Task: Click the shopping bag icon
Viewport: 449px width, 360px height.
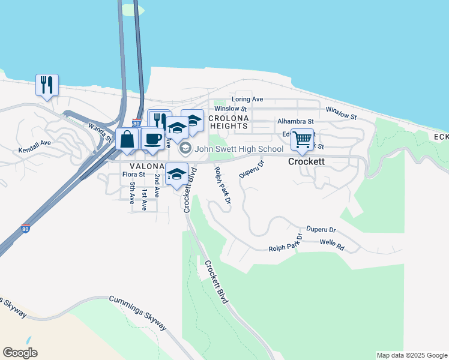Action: (127, 140)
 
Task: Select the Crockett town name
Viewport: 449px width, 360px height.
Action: (307, 161)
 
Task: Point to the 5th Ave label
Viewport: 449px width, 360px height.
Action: (132, 194)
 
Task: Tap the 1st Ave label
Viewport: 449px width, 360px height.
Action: (144, 199)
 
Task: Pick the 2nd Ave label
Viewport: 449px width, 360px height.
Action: (157, 186)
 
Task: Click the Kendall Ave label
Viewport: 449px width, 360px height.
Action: (34, 146)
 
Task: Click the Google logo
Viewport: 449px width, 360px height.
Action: (20, 353)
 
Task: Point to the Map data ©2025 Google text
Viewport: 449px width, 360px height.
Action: (412, 355)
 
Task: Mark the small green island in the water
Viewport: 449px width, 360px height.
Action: (133, 10)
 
